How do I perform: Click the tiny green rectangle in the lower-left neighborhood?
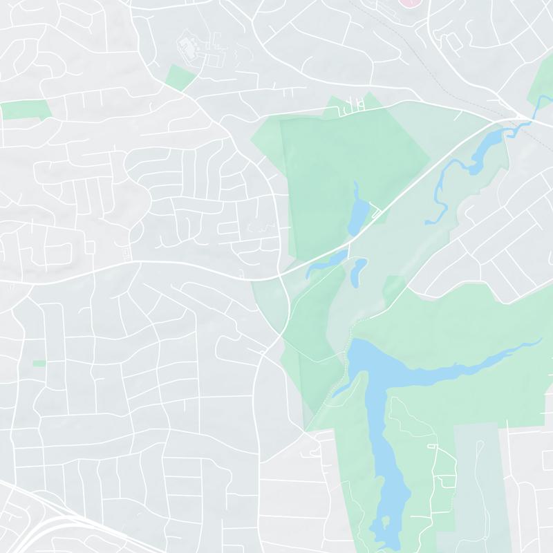pos(39,364)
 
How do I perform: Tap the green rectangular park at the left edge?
pos(26,109)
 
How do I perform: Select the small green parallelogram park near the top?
pos(180,77)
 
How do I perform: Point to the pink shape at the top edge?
pos(412,3)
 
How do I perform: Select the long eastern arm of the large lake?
pos(470,363)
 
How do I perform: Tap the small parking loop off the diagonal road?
pos(375,212)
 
